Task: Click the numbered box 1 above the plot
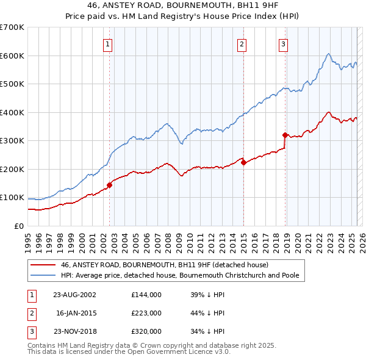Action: coord(107,43)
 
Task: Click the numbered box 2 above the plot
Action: coord(242,43)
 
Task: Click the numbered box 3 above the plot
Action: coord(284,43)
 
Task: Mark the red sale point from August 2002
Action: coord(110,185)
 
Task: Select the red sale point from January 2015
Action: coord(243,162)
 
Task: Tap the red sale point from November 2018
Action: coord(285,135)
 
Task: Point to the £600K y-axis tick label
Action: coord(12,56)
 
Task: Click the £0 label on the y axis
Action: coord(19,226)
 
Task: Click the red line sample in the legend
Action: coord(43,265)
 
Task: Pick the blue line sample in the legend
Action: coord(43,275)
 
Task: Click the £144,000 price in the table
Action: coord(146,294)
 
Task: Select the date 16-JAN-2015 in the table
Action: coord(77,313)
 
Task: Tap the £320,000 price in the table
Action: coord(146,331)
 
